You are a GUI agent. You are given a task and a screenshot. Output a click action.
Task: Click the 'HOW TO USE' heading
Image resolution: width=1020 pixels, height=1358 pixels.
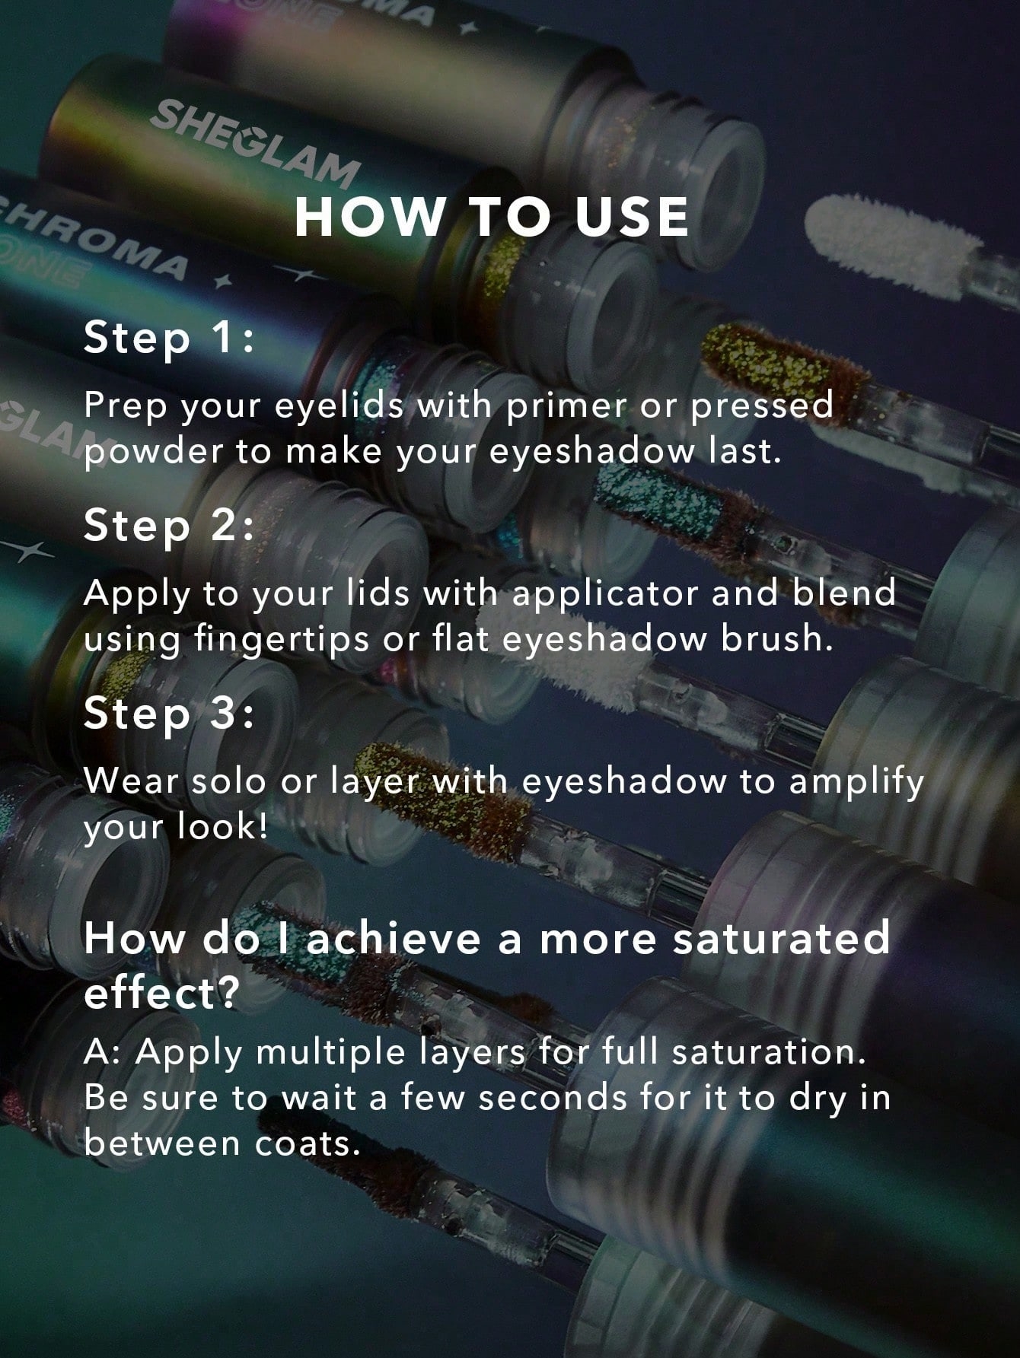click(491, 217)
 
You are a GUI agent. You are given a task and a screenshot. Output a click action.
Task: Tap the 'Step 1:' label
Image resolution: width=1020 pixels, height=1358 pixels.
click(168, 337)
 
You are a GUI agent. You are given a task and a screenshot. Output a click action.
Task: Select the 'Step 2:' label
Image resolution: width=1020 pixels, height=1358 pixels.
click(168, 525)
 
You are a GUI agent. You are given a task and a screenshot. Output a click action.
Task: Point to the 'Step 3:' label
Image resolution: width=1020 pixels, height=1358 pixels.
click(168, 714)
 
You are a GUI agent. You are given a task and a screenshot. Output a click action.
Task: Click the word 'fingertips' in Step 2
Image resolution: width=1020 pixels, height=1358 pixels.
click(282, 639)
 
